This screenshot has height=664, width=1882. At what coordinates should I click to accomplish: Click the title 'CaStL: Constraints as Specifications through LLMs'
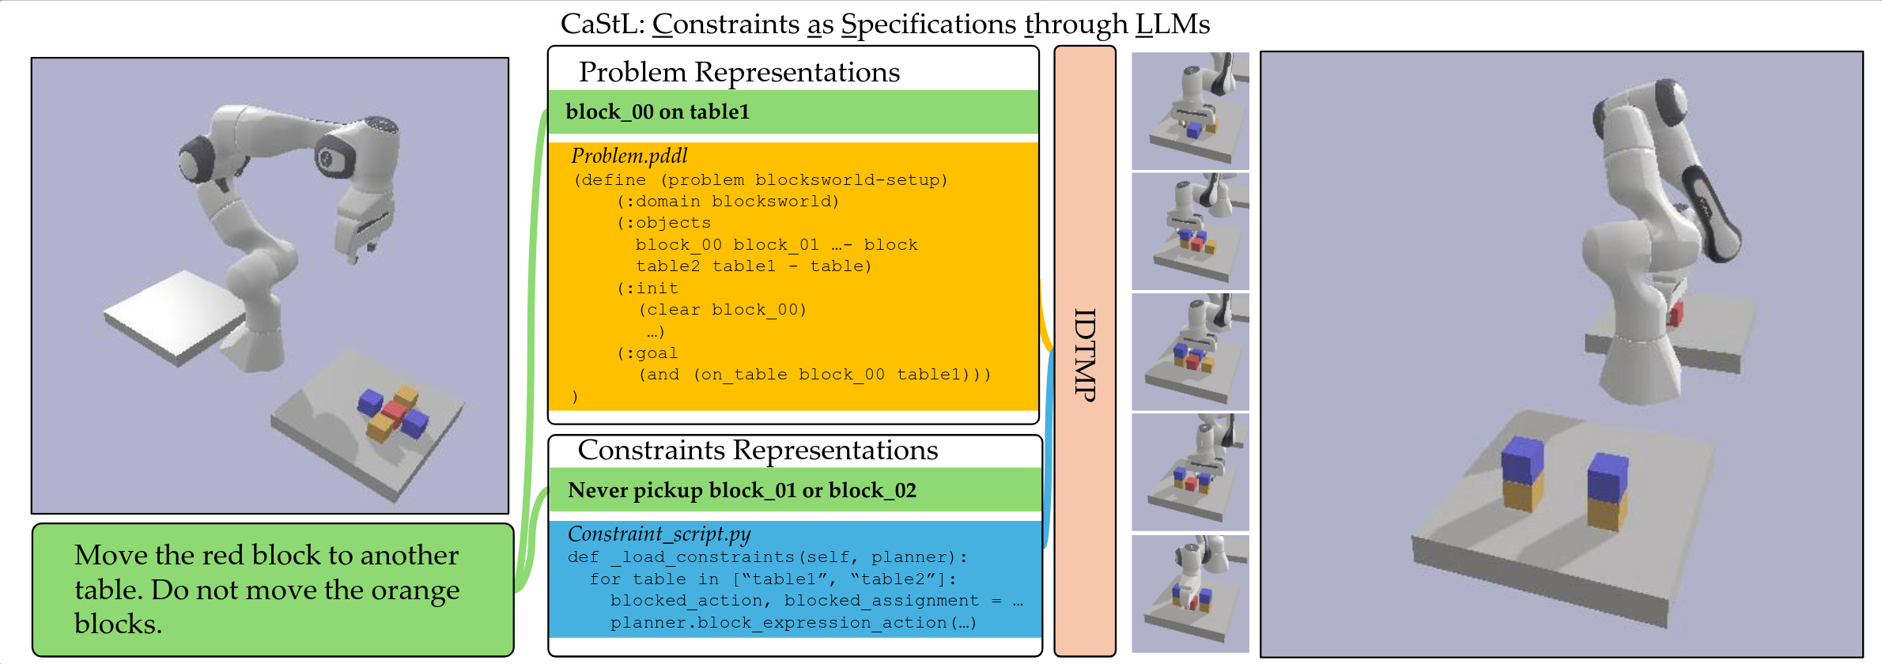pyautogui.click(x=885, y=25)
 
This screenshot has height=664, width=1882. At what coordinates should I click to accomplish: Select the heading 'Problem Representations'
pyautogui.click(x=739, y=72)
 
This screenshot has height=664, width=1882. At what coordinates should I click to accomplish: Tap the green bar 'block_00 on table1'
pyautogui.click(x=657, y=111)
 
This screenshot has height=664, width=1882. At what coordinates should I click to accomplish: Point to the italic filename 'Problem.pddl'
pyautogui.click(x=629, y=156)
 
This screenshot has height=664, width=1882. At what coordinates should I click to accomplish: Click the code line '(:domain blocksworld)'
pyautogui.click(x=727, y=202)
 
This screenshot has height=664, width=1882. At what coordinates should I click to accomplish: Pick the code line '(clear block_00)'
pyautogui.click(x=722, y=310)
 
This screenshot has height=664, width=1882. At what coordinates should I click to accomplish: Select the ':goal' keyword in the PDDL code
pyautogui.click(x=648, y=353)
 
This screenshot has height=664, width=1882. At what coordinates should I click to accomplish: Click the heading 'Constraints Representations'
pyautogui.click(x=758, y=450)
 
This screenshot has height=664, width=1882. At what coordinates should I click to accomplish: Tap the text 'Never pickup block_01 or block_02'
pyautogui.click(x=742, y=490)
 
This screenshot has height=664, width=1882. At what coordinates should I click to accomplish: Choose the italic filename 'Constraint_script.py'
pyautogui.click(x=659, y=534)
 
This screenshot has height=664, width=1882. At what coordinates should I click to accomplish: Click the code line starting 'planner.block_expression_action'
pyautogui.click(x=793, y=623)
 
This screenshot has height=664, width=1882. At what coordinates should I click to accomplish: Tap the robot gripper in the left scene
pyautogui.click(x=362, y=233)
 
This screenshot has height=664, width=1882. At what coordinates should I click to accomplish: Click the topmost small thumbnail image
pyautogui.click(x=1190, y=111)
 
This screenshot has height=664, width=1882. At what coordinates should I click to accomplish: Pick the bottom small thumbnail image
pyautogui.click(x=1190, y=593)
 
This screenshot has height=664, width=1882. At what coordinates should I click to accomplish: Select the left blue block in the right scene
pyautogui.click(x=1522, y=459)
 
